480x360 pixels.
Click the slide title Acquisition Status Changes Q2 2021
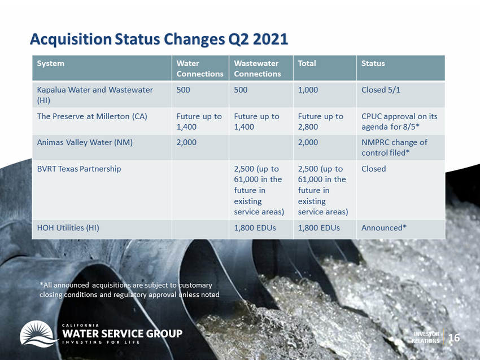click(159, 39)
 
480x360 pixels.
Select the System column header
click(50, 63)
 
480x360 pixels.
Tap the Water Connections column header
click(200, 68)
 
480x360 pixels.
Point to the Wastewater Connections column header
click(257, 68)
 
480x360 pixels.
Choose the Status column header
click(373, 63)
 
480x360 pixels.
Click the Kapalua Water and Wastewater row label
click(95, 95)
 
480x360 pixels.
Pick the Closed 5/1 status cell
click(381, 90)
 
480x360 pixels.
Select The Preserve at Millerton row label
click(92, 116)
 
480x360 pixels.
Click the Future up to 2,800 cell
click(321, 121)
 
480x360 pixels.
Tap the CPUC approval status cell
click(399, 121)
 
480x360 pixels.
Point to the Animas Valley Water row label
click(85, 142)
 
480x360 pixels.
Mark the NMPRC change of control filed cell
click(394, 147)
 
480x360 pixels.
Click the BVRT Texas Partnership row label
click(79, 169)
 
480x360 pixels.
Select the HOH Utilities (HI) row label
click(68, 228)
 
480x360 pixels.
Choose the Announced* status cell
click(384, 228)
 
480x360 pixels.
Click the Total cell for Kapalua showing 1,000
click(308, 90)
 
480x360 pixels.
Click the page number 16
click(454, 337)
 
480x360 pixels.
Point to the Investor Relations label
click(426, 337)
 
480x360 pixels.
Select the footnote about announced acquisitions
click(129, 289)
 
